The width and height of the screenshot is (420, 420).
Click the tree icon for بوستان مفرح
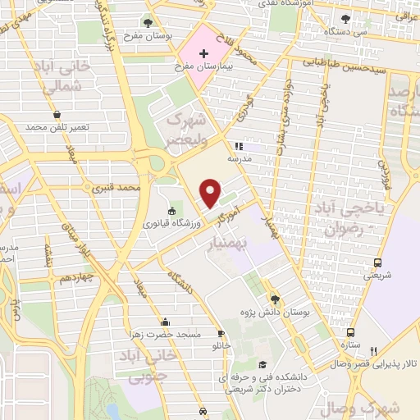(148, 23)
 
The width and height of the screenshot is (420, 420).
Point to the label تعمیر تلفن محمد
(55, 129)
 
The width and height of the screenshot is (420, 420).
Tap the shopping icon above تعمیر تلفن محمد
(56, 115)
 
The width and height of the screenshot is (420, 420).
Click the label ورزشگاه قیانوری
(171, 222)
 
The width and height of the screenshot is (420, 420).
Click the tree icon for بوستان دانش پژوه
(274, 299)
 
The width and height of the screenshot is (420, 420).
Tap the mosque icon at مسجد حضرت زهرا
(167, 322)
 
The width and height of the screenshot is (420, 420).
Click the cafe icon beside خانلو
(221, 333)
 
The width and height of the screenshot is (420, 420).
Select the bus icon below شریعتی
(377, 262)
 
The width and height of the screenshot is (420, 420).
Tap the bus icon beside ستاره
(350, 333)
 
